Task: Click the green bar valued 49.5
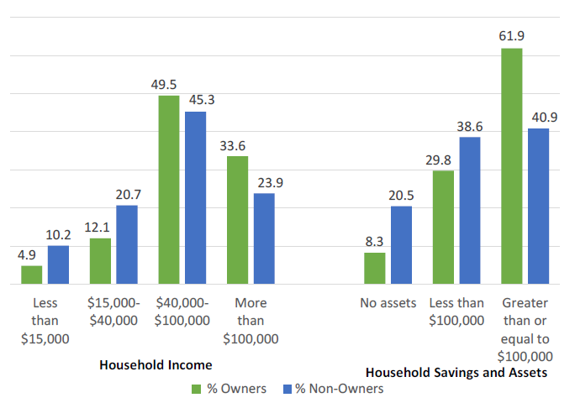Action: coord(169,190)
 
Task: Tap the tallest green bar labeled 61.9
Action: coord(511,166)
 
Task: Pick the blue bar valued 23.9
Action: coord(264,238)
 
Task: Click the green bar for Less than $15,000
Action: coord(32,275)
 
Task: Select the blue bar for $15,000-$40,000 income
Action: coord(127,244)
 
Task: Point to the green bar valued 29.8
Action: coord(443,228)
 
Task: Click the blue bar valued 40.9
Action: coord(538,207)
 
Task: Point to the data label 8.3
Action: coord(374,241)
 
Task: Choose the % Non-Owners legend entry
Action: coord(335,389)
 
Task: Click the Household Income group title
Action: coord(156,365)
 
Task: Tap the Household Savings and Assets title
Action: coord(457,372)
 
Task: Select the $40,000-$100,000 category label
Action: coord(182,311)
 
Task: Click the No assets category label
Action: coord(388,303)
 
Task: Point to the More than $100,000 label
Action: coord(251,321)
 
